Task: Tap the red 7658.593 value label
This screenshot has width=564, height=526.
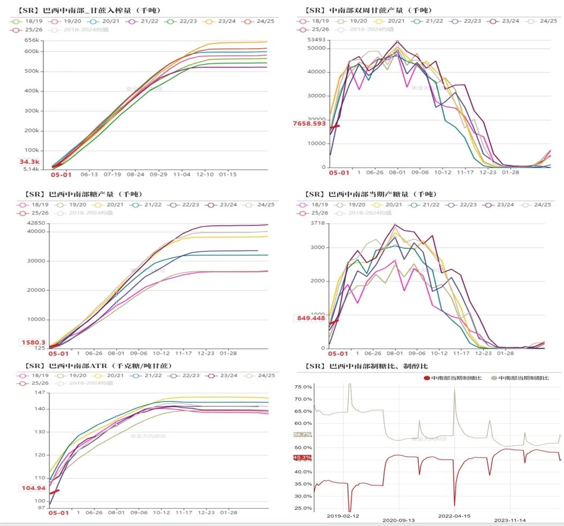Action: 310,124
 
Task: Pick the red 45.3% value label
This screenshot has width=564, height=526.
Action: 302,458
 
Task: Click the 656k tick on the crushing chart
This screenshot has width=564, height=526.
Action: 33,40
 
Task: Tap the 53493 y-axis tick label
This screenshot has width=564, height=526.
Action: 310,40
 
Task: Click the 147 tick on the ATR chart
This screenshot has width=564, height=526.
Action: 40,393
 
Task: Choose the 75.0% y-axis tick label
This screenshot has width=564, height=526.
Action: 303,387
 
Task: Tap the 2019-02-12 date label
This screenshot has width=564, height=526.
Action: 343,516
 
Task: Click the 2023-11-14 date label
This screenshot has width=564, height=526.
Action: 510,520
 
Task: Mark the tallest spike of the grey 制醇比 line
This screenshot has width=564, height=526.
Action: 350,384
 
